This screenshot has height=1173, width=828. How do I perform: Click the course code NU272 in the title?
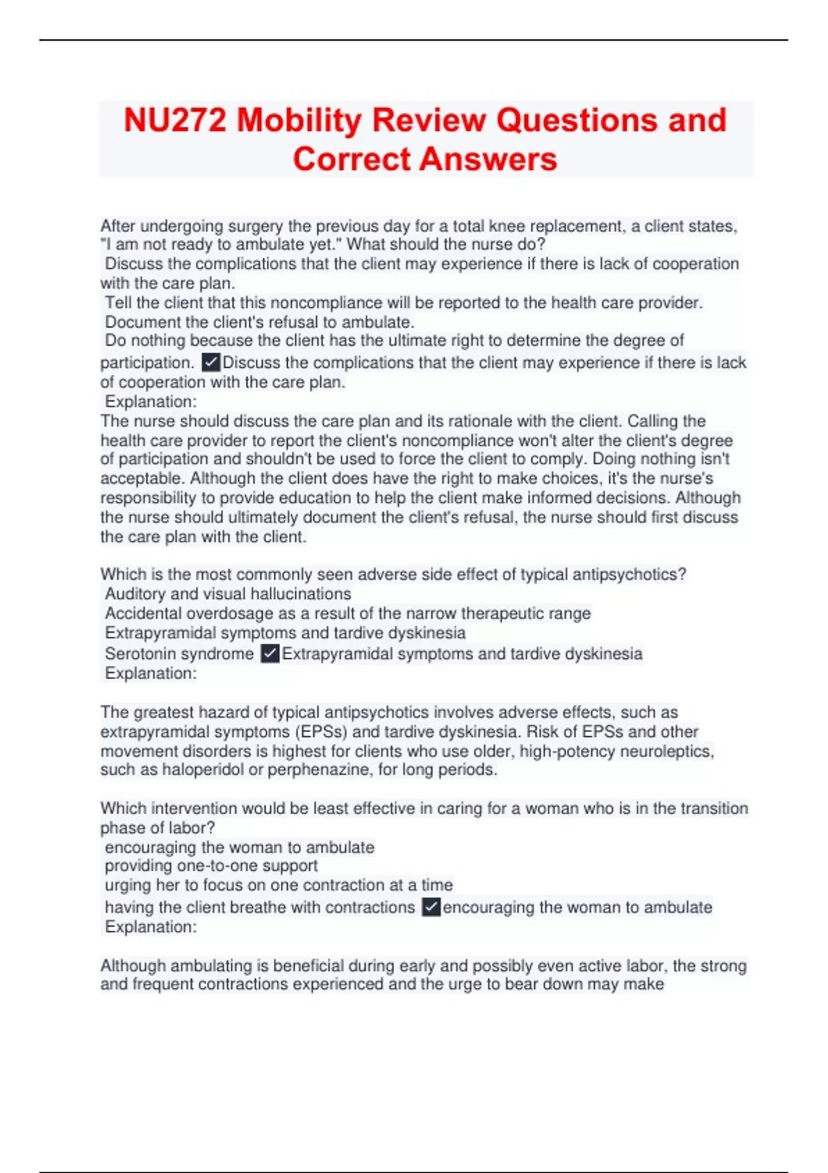pyautogui.click(x=175, y=120)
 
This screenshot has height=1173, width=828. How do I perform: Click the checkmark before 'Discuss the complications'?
pyautogui.click(x=211, y=362)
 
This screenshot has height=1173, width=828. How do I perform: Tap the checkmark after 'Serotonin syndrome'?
pyautogui.click(x=270, y=653)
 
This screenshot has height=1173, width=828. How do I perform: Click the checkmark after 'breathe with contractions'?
pyautogui.click(x=431, y=907)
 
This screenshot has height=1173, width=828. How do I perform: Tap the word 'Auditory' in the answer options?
pyautogui.click(x=135, y=593)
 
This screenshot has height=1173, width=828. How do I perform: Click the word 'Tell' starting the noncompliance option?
pyautogui.click(x=118, y=303)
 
